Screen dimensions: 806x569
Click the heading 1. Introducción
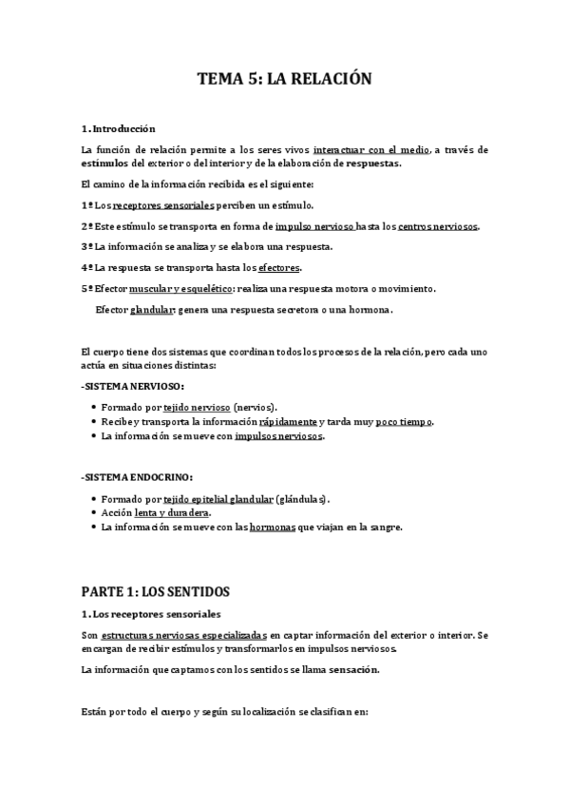click(119, 128)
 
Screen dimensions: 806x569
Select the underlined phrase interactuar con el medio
click(371, 149)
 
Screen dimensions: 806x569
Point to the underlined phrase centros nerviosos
click(438, 226)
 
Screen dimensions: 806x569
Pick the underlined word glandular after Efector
click(152, 310)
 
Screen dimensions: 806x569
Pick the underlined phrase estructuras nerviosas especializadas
click(184, 634)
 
